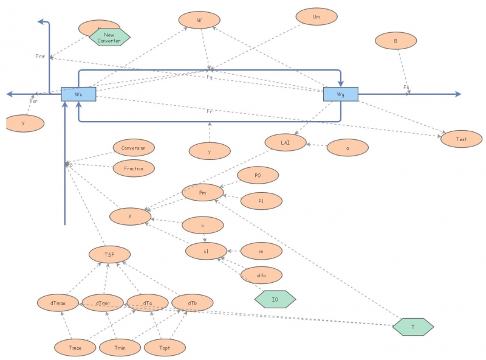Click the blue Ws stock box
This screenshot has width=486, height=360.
coord(78,94)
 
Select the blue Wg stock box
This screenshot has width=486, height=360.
coord(340,94)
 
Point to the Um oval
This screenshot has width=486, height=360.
coord(316,17)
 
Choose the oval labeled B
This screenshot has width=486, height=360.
coord(395,41)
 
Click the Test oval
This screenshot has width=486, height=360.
coord(462,139)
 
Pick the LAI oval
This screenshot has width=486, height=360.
coord(285,142)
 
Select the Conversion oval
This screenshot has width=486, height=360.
coord(134,148)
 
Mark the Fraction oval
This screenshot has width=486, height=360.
coord(134,168)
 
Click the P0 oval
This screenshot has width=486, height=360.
coord(258,175)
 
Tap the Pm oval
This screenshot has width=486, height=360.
coord(203,193)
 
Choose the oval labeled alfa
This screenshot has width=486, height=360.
coord(261,275)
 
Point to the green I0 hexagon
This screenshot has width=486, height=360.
coord(275,299)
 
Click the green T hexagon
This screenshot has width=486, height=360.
coord(413,327)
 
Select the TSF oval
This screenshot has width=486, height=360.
coord(109,254)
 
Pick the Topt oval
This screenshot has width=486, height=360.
coord(164,348)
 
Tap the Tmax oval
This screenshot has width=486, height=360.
coord(75,348)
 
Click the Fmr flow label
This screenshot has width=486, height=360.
coord(41,56)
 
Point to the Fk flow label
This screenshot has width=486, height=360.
coord(406,88)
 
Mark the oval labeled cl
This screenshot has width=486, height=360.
coord(207,251)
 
